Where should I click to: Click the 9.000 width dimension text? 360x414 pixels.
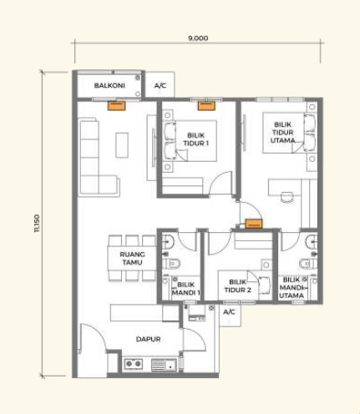(x=198, y=38)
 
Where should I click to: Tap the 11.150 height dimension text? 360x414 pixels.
(x=38, y=223)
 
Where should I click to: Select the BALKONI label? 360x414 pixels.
(x=109, y=85)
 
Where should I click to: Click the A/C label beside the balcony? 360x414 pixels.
(x=160, y=85)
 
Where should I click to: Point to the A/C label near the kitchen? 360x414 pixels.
(x=229, y=312)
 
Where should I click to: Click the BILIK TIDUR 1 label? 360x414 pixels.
(x=196, y=139)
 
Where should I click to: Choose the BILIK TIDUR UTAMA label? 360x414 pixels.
(x=282, y=133)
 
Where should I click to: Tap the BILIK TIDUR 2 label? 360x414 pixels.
(x=237, y=286)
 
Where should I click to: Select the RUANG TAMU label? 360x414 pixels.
(x=132, y=258)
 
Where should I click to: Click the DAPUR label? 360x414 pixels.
(x=148, y=339)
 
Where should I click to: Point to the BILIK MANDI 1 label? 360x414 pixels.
(x=186, y=289)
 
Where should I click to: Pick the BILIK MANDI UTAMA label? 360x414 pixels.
(x=292, y=287)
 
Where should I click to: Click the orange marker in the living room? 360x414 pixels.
(x=117, y=106)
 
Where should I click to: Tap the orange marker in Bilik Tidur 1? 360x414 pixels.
(x=206, y=106)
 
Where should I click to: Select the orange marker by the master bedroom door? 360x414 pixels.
(x=254, y=224)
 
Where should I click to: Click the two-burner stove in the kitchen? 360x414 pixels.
(x=134, y=363)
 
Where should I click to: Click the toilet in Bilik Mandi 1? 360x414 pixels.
(x=171, y=263)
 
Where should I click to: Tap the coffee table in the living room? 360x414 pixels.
(x=122, y=145)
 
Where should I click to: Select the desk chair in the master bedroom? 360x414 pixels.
(x=287, y=197)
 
